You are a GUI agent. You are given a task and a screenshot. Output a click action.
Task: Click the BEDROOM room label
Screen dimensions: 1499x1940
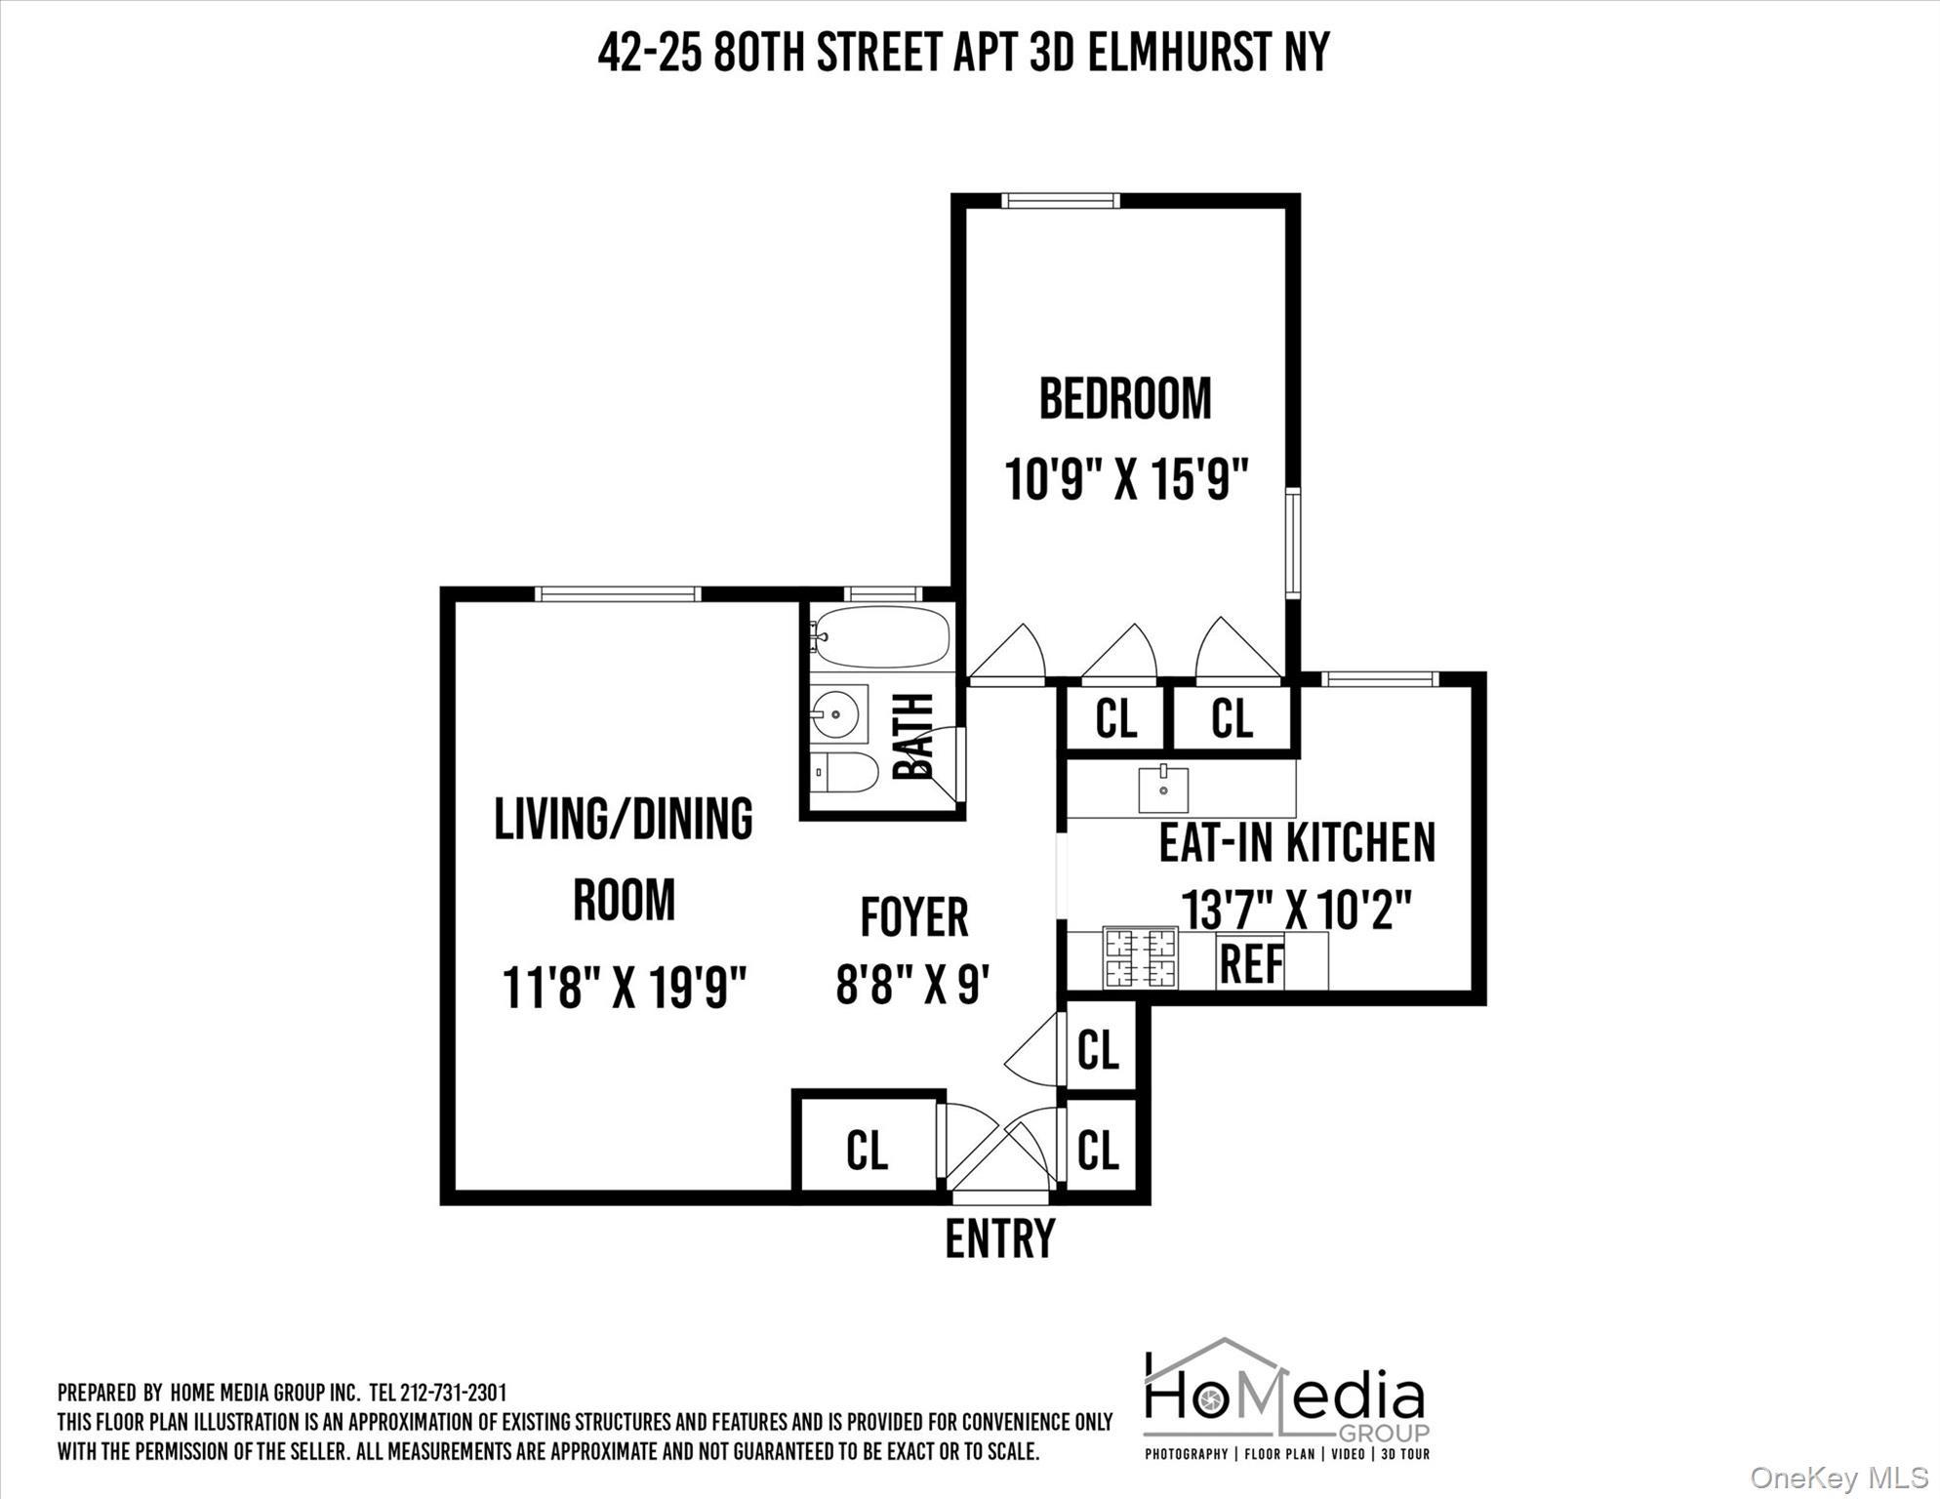point(1124,399)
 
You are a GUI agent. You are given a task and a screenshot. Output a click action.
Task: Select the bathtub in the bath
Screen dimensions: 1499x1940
point(881,636)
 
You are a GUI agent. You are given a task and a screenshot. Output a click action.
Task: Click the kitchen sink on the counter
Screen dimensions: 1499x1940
point(1163,789)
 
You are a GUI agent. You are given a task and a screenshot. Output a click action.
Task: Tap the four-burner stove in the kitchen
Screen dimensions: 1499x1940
point(1140,957)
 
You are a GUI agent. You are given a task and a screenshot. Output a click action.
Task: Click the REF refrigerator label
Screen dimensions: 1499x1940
point(1252,965)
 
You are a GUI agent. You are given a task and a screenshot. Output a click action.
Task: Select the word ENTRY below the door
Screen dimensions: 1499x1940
point(1000,1238)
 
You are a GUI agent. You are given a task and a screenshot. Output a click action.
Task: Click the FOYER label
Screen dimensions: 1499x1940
point(914,917)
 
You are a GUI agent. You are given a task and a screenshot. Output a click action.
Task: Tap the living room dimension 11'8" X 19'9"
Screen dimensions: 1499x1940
point(624,987)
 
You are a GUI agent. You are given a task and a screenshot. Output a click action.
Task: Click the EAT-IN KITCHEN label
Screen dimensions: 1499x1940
point(1296,843)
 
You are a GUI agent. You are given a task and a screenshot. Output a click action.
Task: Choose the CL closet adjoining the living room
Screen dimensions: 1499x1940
point(867,1150)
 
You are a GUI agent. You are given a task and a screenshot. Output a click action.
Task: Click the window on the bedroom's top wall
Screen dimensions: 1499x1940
point(1060,201)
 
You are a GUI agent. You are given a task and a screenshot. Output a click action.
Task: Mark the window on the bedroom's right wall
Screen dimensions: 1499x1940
point(1293,544)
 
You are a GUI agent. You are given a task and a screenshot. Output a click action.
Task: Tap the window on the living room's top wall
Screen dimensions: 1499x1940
point(617,593)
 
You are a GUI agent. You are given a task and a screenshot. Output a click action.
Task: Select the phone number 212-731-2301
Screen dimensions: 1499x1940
point(453,1392)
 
